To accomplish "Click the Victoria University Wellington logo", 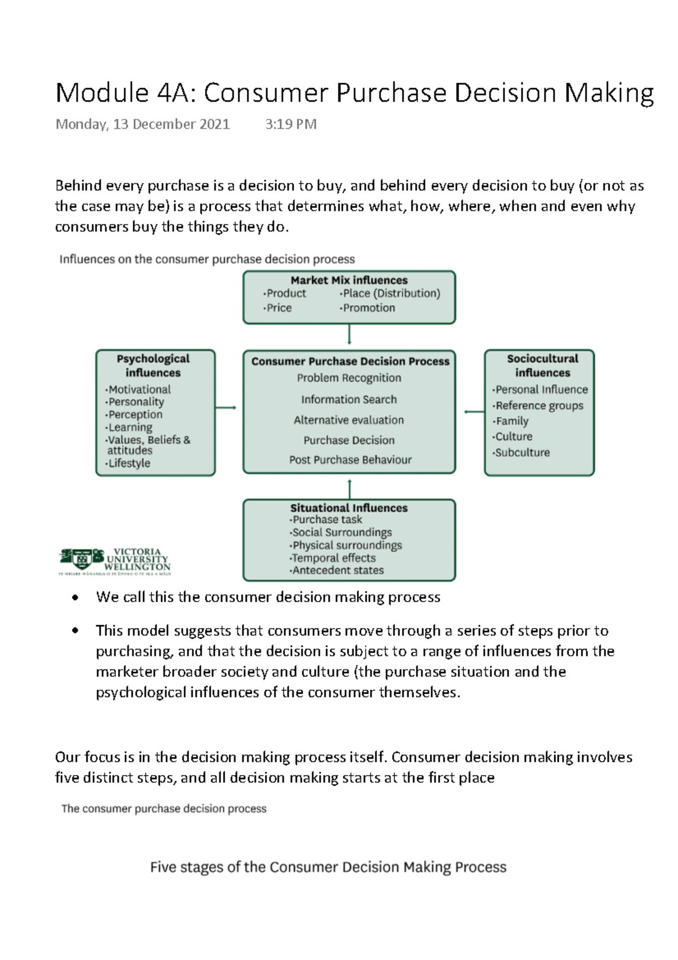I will [x=115, y=561].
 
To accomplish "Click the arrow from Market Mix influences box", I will [x=349, y=334].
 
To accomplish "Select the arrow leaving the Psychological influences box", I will [x=225, y=408].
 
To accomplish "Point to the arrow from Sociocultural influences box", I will [x=473, y=412].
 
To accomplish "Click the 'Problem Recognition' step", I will [x=349, y=378].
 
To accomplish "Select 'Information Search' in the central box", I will [x=349, y=400].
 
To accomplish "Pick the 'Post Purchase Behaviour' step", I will [x=350, y=460].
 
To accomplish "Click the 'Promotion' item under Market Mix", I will [x=369, y=308].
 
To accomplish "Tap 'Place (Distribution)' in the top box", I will [x=391, y=293].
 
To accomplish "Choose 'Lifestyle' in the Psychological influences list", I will [x=129, y=463].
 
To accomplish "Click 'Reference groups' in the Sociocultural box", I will [x=539, y=405].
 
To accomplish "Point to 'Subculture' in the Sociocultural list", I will [x=522, y=452].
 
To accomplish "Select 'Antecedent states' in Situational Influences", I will [x=338, y=570].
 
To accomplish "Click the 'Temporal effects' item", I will [x=333, y=558].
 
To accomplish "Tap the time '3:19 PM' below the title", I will [x=290, y=124].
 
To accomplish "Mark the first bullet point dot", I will [x=75, y=598].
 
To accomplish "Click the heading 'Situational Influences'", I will [x=349, y=508].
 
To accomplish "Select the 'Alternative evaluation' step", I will [x=349, y=420].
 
